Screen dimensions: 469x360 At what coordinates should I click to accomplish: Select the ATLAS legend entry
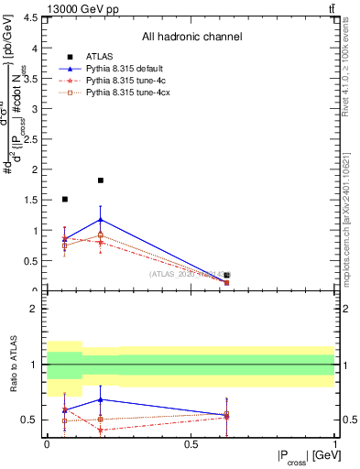100,57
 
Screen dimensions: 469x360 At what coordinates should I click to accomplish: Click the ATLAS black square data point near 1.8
100,180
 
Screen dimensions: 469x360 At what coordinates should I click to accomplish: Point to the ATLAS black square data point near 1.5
64,199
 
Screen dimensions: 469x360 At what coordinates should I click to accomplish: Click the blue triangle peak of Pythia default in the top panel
100,220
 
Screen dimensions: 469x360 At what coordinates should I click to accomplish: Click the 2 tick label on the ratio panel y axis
34,309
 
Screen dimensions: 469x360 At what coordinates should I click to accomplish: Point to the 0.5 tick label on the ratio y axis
32,420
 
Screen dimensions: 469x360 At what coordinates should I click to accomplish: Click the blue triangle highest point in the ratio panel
100,399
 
